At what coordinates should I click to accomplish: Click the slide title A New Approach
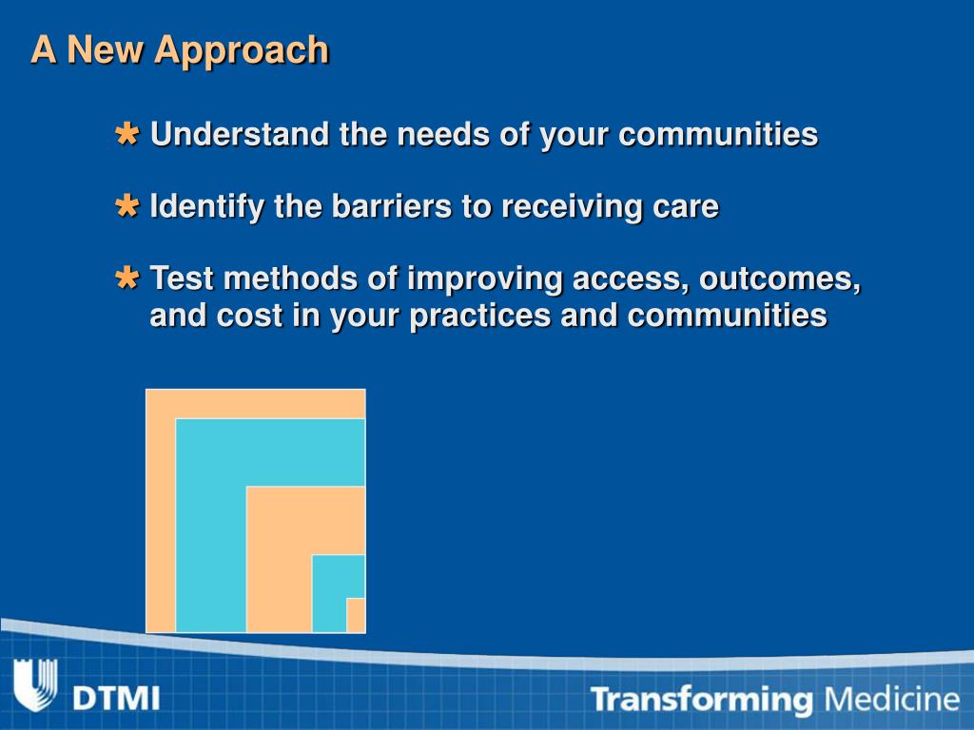point(180,50)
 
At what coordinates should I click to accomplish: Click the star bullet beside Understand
point(127,134)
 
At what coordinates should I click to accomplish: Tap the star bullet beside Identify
point(127,205)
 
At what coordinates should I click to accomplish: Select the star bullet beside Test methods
point(127,278)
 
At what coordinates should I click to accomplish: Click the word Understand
point(240,134)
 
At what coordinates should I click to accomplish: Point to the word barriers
point(391,205)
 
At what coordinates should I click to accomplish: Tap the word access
point(631,279)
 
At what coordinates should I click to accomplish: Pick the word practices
point(480,317)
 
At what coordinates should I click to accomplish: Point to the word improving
point(484,279)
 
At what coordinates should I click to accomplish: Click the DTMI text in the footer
point(116,699)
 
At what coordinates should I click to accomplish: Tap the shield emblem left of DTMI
point(35,684)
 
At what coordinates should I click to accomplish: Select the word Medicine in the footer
point(891,699)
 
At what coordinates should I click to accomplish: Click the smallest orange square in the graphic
point(356,615)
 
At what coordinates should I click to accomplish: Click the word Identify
point(206,206)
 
